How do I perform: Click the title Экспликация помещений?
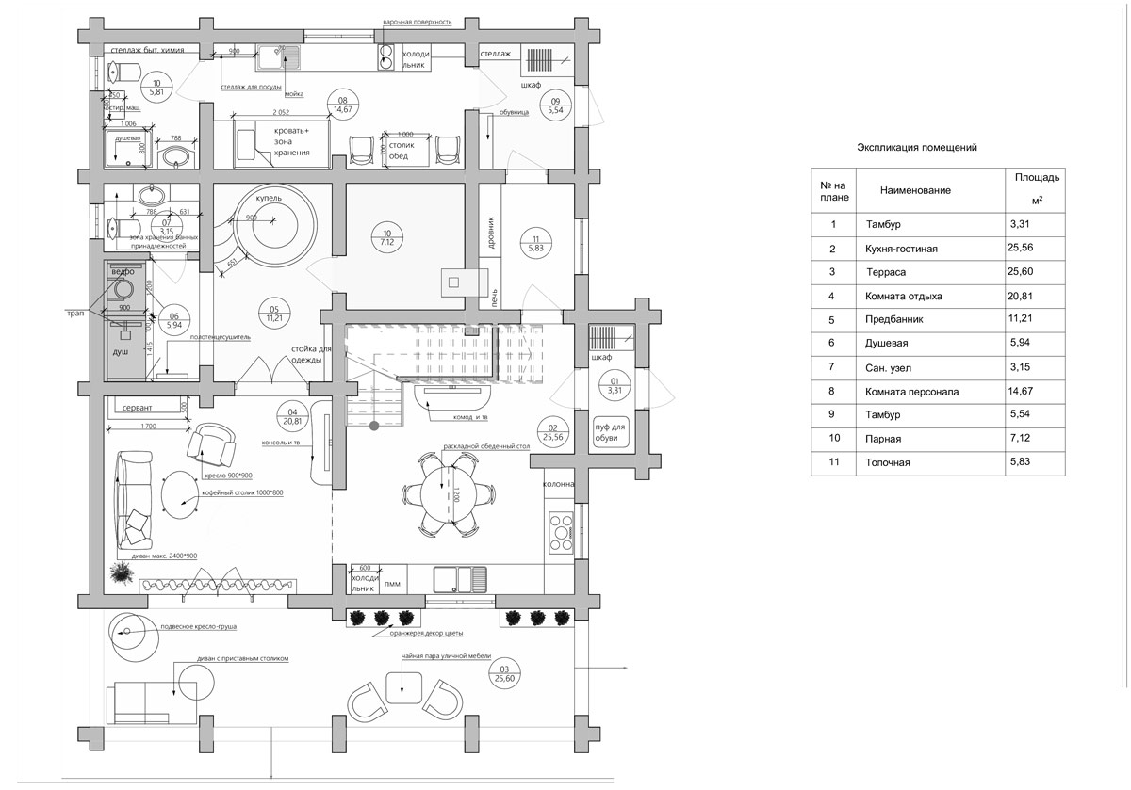(916, 147)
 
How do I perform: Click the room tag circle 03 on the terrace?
(505, 673)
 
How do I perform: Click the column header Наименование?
(915, 190)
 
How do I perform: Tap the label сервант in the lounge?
(137, 407)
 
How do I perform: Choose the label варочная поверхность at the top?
(418, 21)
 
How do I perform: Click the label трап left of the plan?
(75, 313)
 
